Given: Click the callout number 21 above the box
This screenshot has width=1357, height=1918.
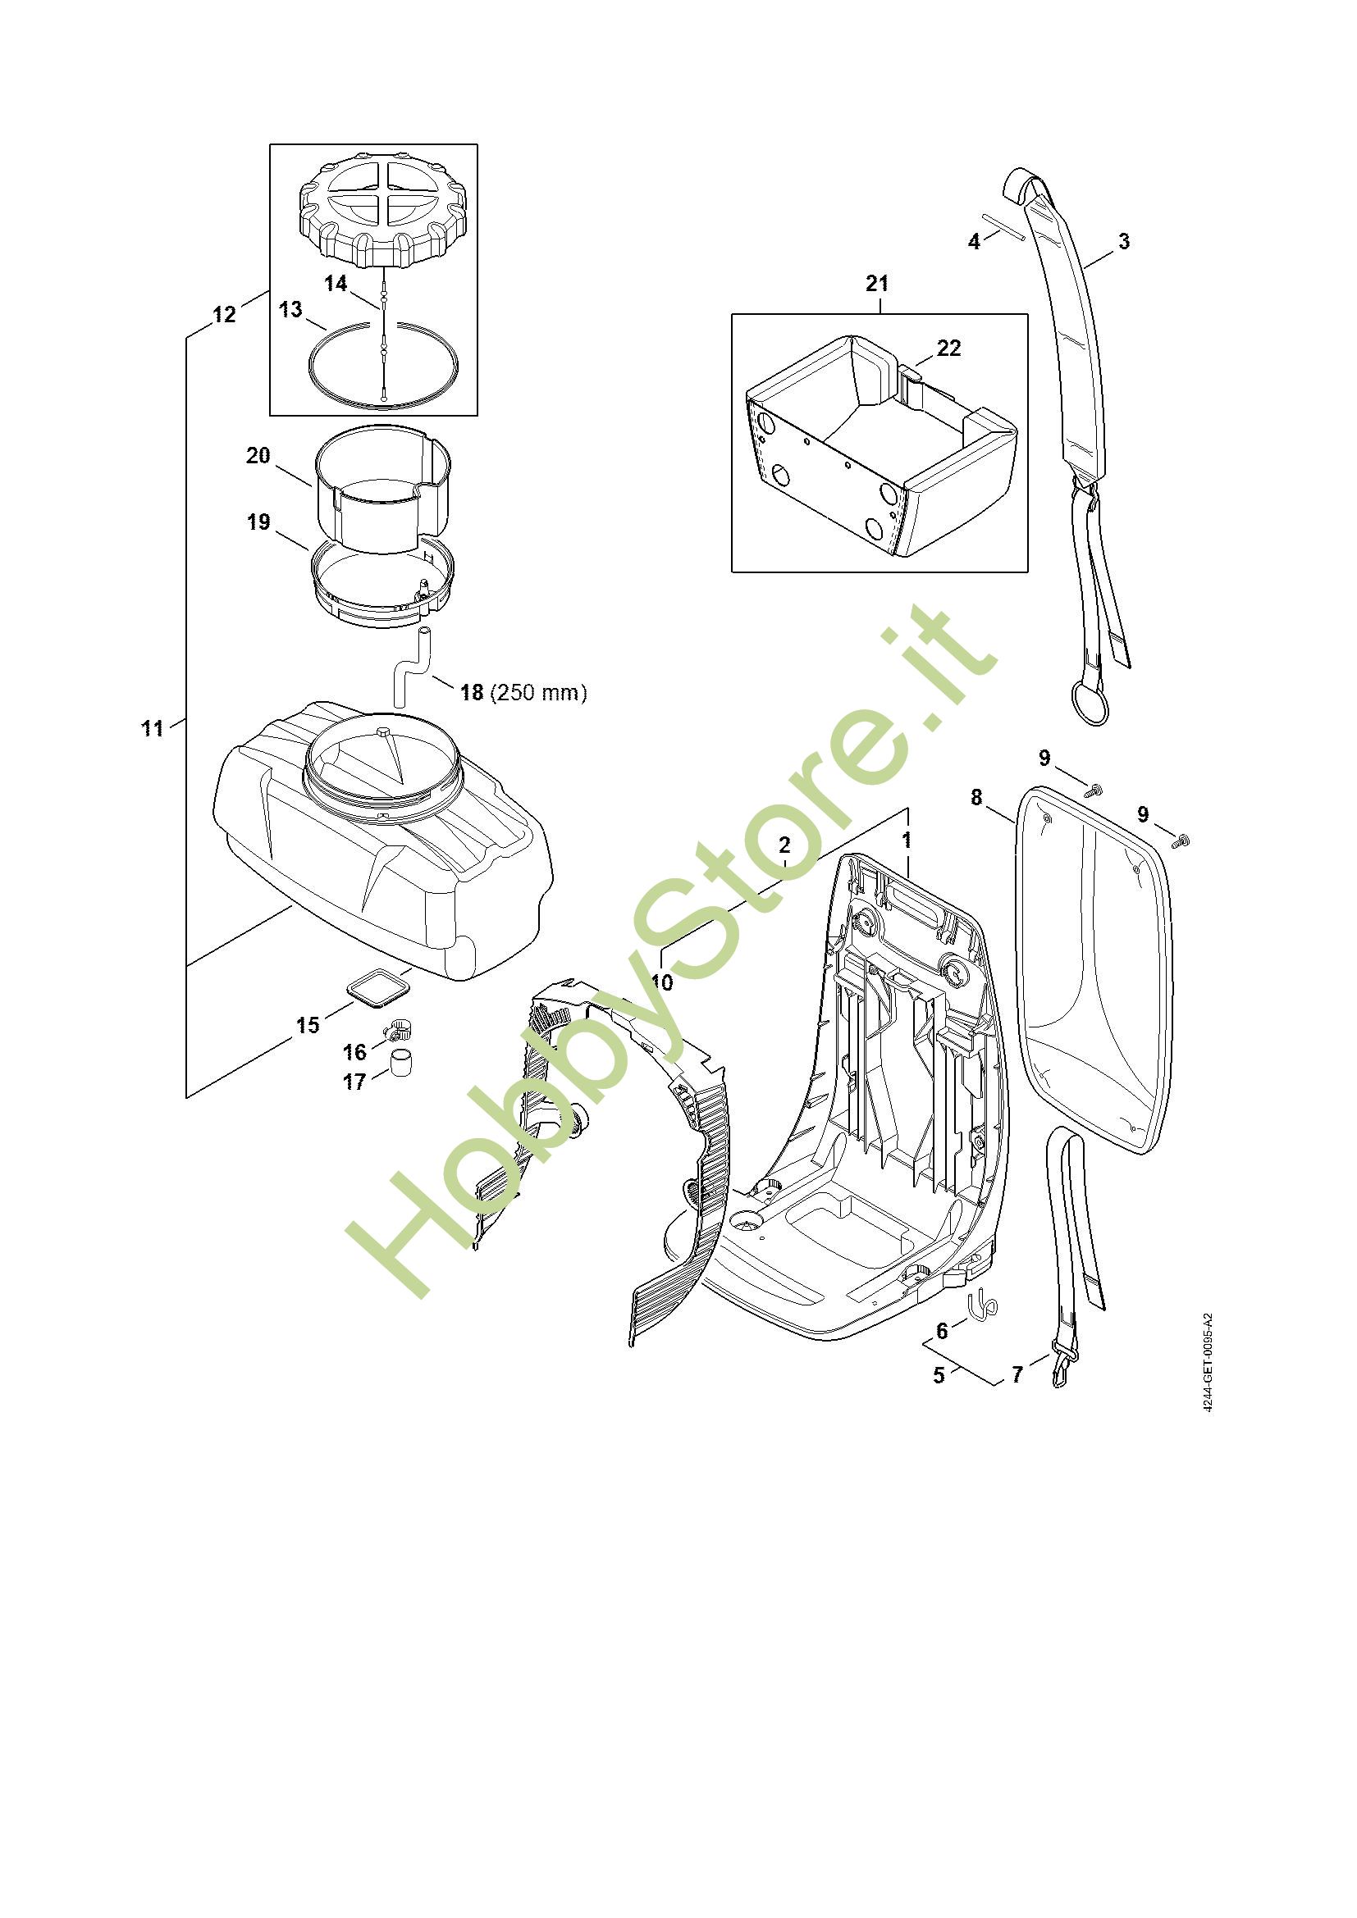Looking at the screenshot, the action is point(876,284).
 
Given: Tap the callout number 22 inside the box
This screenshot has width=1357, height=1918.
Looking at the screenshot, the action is point(949,348).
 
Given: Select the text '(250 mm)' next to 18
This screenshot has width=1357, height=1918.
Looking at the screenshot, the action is point(539,693).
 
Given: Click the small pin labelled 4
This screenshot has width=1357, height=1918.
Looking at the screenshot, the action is point(1003,228).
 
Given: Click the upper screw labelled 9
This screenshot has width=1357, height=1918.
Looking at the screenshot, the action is point(1091,788).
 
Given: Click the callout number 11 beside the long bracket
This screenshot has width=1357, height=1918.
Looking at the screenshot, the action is point(152,728).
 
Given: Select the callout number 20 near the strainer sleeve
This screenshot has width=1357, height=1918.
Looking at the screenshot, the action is point(258,455).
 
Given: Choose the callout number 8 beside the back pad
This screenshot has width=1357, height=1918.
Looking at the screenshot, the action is point(977,798).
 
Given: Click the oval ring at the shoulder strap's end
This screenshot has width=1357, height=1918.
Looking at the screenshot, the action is point(1089,705).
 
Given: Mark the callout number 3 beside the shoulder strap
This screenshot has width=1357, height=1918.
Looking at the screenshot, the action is point(1124,241).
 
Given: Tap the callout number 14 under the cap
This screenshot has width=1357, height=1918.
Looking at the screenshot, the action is point(336,284).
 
